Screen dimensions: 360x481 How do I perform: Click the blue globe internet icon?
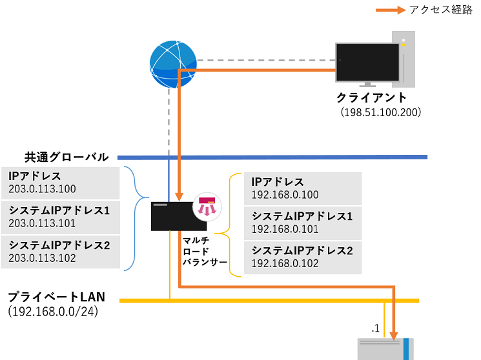point(172,65)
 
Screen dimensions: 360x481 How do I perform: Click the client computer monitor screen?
point(367,62)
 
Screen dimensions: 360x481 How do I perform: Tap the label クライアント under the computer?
point(371,98)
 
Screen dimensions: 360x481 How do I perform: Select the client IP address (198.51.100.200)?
point(381,112)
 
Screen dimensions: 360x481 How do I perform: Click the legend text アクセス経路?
point(441,10)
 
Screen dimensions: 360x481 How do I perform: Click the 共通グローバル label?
point(67,156)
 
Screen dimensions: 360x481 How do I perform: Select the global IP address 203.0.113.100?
point(43,189)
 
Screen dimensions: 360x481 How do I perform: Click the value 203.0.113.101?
point(43,223)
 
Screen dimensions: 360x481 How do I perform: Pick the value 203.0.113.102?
point(43,258)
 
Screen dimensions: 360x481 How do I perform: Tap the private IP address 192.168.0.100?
point(285,195)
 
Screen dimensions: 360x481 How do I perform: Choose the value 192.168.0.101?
point(285,229)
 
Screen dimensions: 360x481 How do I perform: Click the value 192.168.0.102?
point(285,263)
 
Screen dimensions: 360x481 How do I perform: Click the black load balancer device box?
point(178,216)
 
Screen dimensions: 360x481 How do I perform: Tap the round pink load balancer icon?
point(208,205)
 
